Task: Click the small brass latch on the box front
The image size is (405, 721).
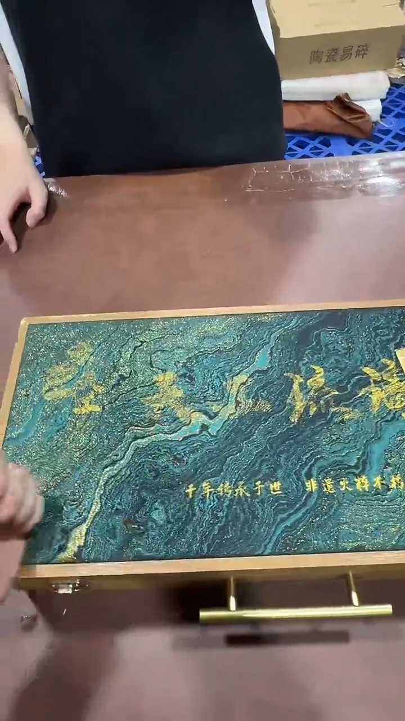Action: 65,587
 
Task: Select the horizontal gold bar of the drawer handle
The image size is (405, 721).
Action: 295,612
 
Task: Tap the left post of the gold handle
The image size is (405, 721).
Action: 232,593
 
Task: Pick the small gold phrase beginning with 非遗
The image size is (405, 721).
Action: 354,485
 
